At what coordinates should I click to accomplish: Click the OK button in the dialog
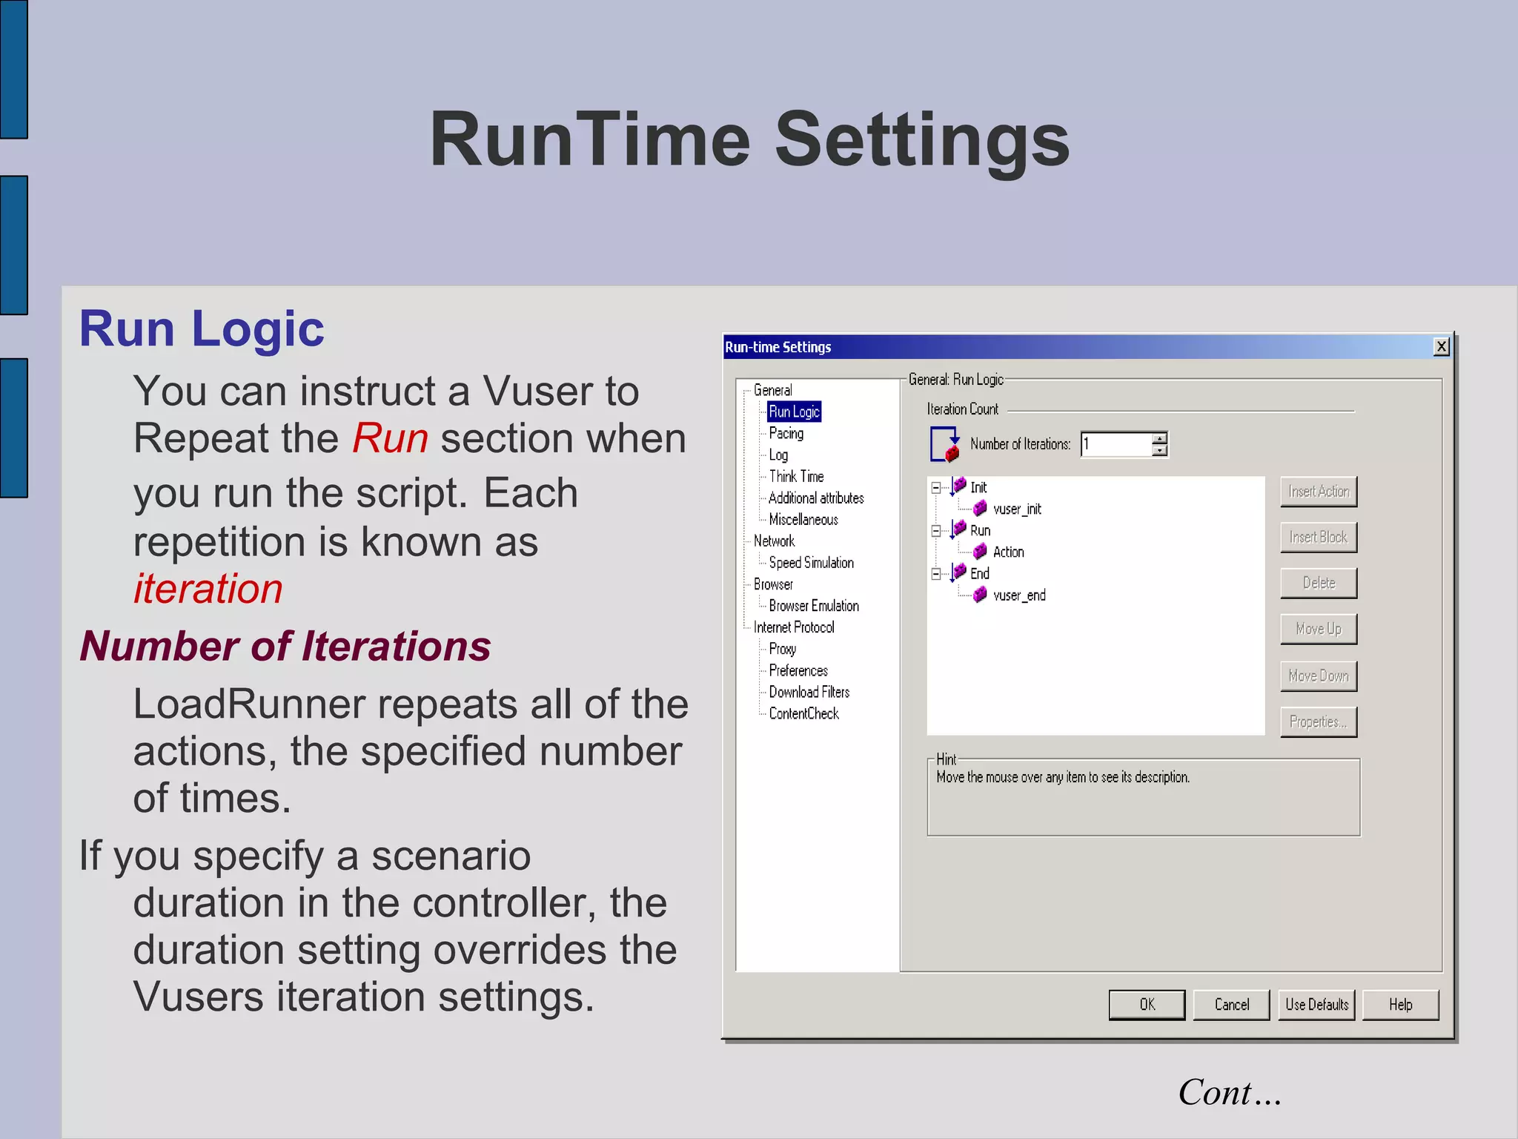pos(1146,1005)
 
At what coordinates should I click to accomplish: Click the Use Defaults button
pos(1316,1005)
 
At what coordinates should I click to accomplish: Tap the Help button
pos(1400,1005)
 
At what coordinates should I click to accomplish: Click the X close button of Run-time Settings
pos(1441,346)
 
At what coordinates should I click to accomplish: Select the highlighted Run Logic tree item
pos(794,412)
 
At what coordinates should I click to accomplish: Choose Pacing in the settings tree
pos(786,433)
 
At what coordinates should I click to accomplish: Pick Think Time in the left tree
pos(796,476)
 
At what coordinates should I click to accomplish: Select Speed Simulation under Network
pos(811,563)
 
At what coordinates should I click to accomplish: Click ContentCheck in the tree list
pos(803,713)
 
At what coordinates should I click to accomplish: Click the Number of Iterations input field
pos(1116,444)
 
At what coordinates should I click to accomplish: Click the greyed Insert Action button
pos(1318,492)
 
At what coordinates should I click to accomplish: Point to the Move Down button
pos(1318,676)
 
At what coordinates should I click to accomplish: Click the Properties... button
pos(1318,722)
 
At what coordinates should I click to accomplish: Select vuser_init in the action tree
pos(1017,509)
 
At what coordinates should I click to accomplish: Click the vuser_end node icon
pos(980,595)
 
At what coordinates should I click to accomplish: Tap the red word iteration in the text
pos(208,589)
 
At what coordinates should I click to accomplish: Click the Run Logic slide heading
pos(202,329)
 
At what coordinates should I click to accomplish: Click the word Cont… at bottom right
pos(1230,1092)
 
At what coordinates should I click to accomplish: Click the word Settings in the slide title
pos(922,139)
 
